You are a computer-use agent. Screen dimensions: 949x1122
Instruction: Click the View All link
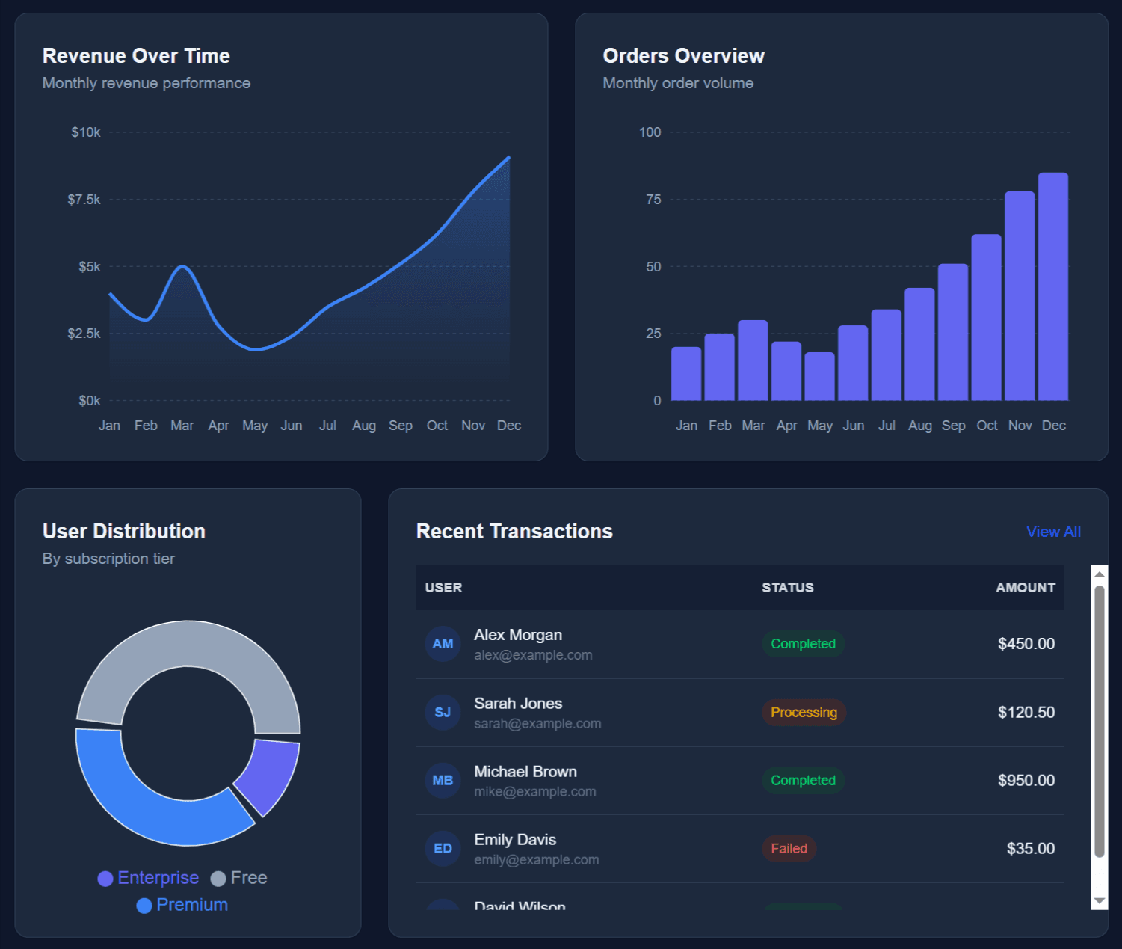pyautogui.click(x=1052, y=532)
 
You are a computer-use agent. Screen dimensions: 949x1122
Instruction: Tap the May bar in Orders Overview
pyautogui.click(x=819, y=376)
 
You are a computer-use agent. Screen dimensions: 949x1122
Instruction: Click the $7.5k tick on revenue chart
pyautogui.click(x=84, y=200)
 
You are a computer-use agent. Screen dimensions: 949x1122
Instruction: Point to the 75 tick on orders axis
pyautogui.click(x=653, y=200)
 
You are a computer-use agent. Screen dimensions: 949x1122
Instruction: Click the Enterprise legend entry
pyautogui.click(x=149, y=878)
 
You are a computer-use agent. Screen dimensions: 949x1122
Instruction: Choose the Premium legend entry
pyautogui.click(x=182, y=905)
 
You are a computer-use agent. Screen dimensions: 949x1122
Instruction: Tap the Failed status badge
pyautogui.click(x=789, y=849)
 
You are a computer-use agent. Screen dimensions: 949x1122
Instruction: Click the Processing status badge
pyautogui.click(x=804, y=713)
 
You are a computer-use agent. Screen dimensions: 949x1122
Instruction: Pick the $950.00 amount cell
pyautogui.click(x=1026, y=781)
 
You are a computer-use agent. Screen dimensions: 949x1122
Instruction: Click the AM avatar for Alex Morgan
pyautogui.click(x=443, y=644)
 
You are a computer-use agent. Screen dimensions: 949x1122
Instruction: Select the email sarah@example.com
pyautogui.click(x=537, y=724)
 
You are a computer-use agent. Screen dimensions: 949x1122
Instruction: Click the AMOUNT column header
pyautogui.click(x=1025, y=588)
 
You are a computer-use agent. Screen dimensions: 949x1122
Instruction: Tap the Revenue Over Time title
pyautogui.click(x=136, y=56)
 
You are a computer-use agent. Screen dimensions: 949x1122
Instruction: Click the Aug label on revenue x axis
pyautogui.click(x=364, y=426)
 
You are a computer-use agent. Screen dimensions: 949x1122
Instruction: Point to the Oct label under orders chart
pyautogui.click(x=987, y=426)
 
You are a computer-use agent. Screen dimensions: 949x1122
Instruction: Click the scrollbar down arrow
pyautogui.click(x=1099, y=901)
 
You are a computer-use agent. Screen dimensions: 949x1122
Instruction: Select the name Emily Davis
pyautogui.click(x=515, y=840)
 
